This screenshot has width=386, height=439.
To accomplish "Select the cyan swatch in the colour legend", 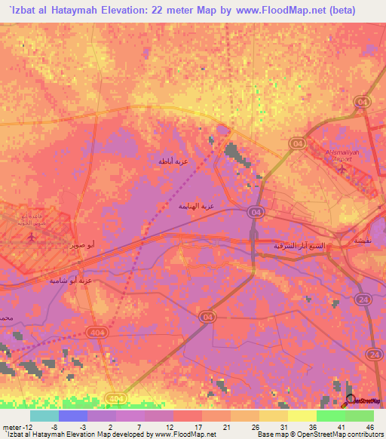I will coord(44,416).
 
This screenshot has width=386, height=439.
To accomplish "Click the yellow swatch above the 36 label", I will coord(302,416).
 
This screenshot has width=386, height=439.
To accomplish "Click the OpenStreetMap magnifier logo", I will coord(350,400).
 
